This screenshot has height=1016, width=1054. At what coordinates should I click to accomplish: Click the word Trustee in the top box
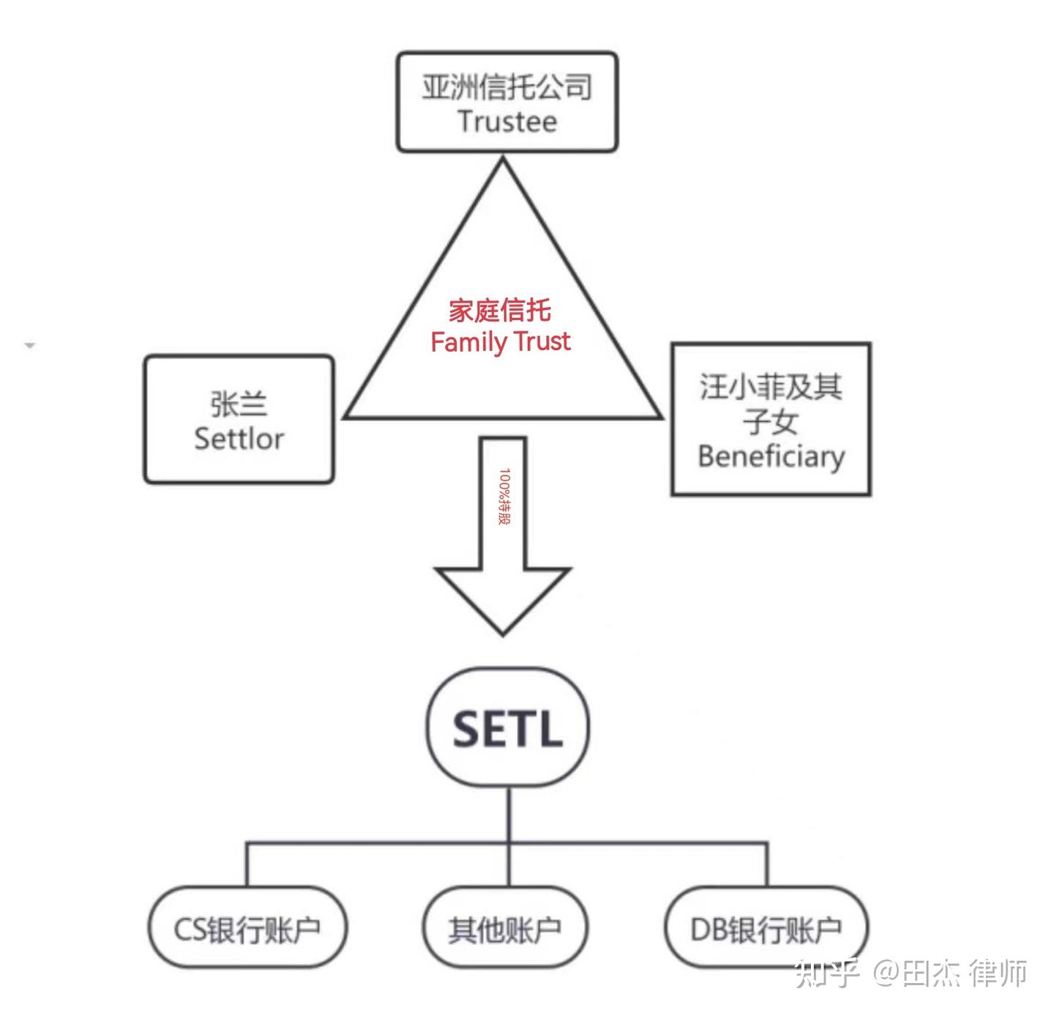pyautogui.click(x=507, y=122)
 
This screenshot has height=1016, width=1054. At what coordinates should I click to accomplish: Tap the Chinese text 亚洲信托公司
pyautogui.click(x=507, y=86)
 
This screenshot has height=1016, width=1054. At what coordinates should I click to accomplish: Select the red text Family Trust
pyautogui.click(x=501, y=342)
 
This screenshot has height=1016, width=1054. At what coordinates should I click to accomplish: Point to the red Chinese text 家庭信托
pyautogui.click(x=500, y=310)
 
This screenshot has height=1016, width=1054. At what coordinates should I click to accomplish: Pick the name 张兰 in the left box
pyautogui.click(x=239, y=404)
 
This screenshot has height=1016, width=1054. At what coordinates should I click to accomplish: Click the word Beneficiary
pyautogui.click(x=771, y=457)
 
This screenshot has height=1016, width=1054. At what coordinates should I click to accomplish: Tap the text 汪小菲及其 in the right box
pyautogui.click(x=771, y=387)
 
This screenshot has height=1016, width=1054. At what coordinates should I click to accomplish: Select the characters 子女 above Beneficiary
pyautogui.click(x=771, y=422)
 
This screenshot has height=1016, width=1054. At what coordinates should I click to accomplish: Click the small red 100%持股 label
pyautogui.click(x=504, y=496)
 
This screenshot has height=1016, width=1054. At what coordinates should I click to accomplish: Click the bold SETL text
pyautogui.click(x=507, y=729)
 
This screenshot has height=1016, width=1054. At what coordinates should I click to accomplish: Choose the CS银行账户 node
pyautogui.click(x=247, y=929)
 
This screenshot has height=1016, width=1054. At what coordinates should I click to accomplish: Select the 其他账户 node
pyautogui.click(x=505, y=929)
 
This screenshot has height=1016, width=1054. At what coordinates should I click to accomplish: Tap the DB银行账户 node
pyautogui.click(x=766, y=929)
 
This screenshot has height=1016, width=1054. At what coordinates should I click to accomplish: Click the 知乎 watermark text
pyautogui.click(x=826, y=974)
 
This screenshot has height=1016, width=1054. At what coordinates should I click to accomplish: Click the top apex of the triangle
pyautogui.click(x=503, y=157)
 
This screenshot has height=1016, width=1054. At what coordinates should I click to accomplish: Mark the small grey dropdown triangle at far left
pyautogui.click(x=30, y=345)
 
